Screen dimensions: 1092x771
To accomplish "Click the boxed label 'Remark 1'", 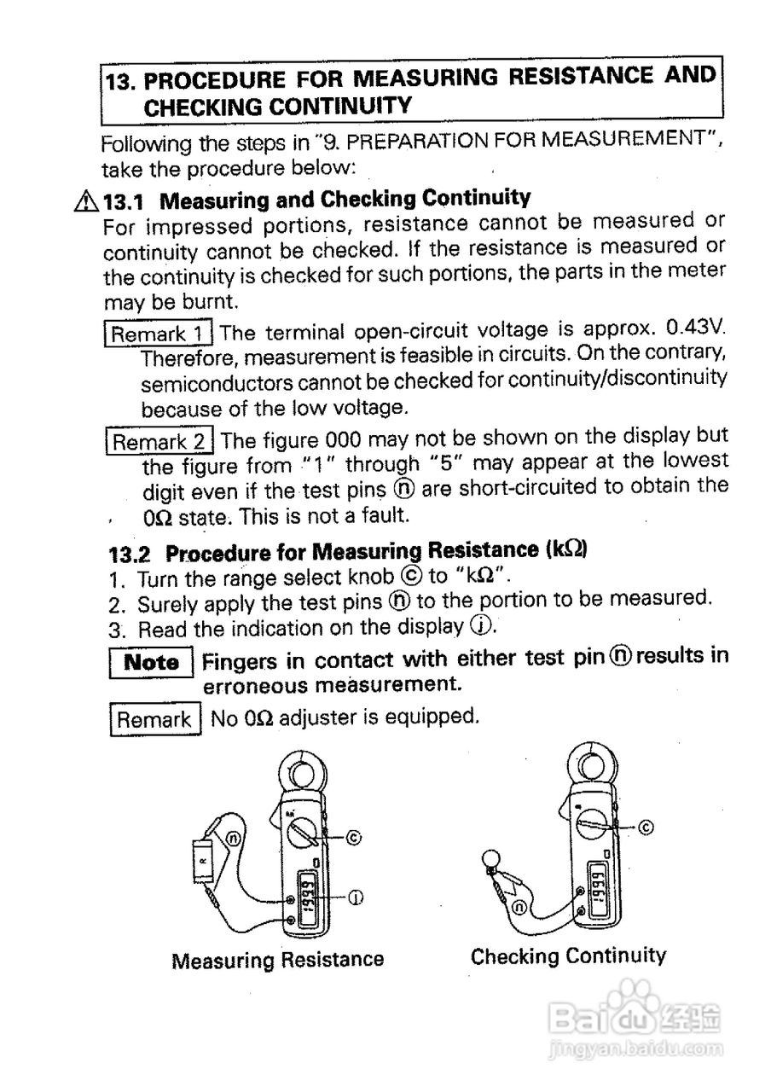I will click(x=159, y=332).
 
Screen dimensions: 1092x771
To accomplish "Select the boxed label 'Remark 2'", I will click(x=160, y=441).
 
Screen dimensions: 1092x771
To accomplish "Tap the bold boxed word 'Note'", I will click(x=152, y=662).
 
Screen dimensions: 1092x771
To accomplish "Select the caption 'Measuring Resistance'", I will click(x=278, y=960).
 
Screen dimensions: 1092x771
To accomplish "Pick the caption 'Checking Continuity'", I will click(x=568, y=955).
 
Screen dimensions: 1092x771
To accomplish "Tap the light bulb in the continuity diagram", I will click(x=492, y=859).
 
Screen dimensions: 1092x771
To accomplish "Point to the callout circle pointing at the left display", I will click(x=356, y=897).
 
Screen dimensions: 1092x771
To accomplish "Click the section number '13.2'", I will click(x=130, y=554).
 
